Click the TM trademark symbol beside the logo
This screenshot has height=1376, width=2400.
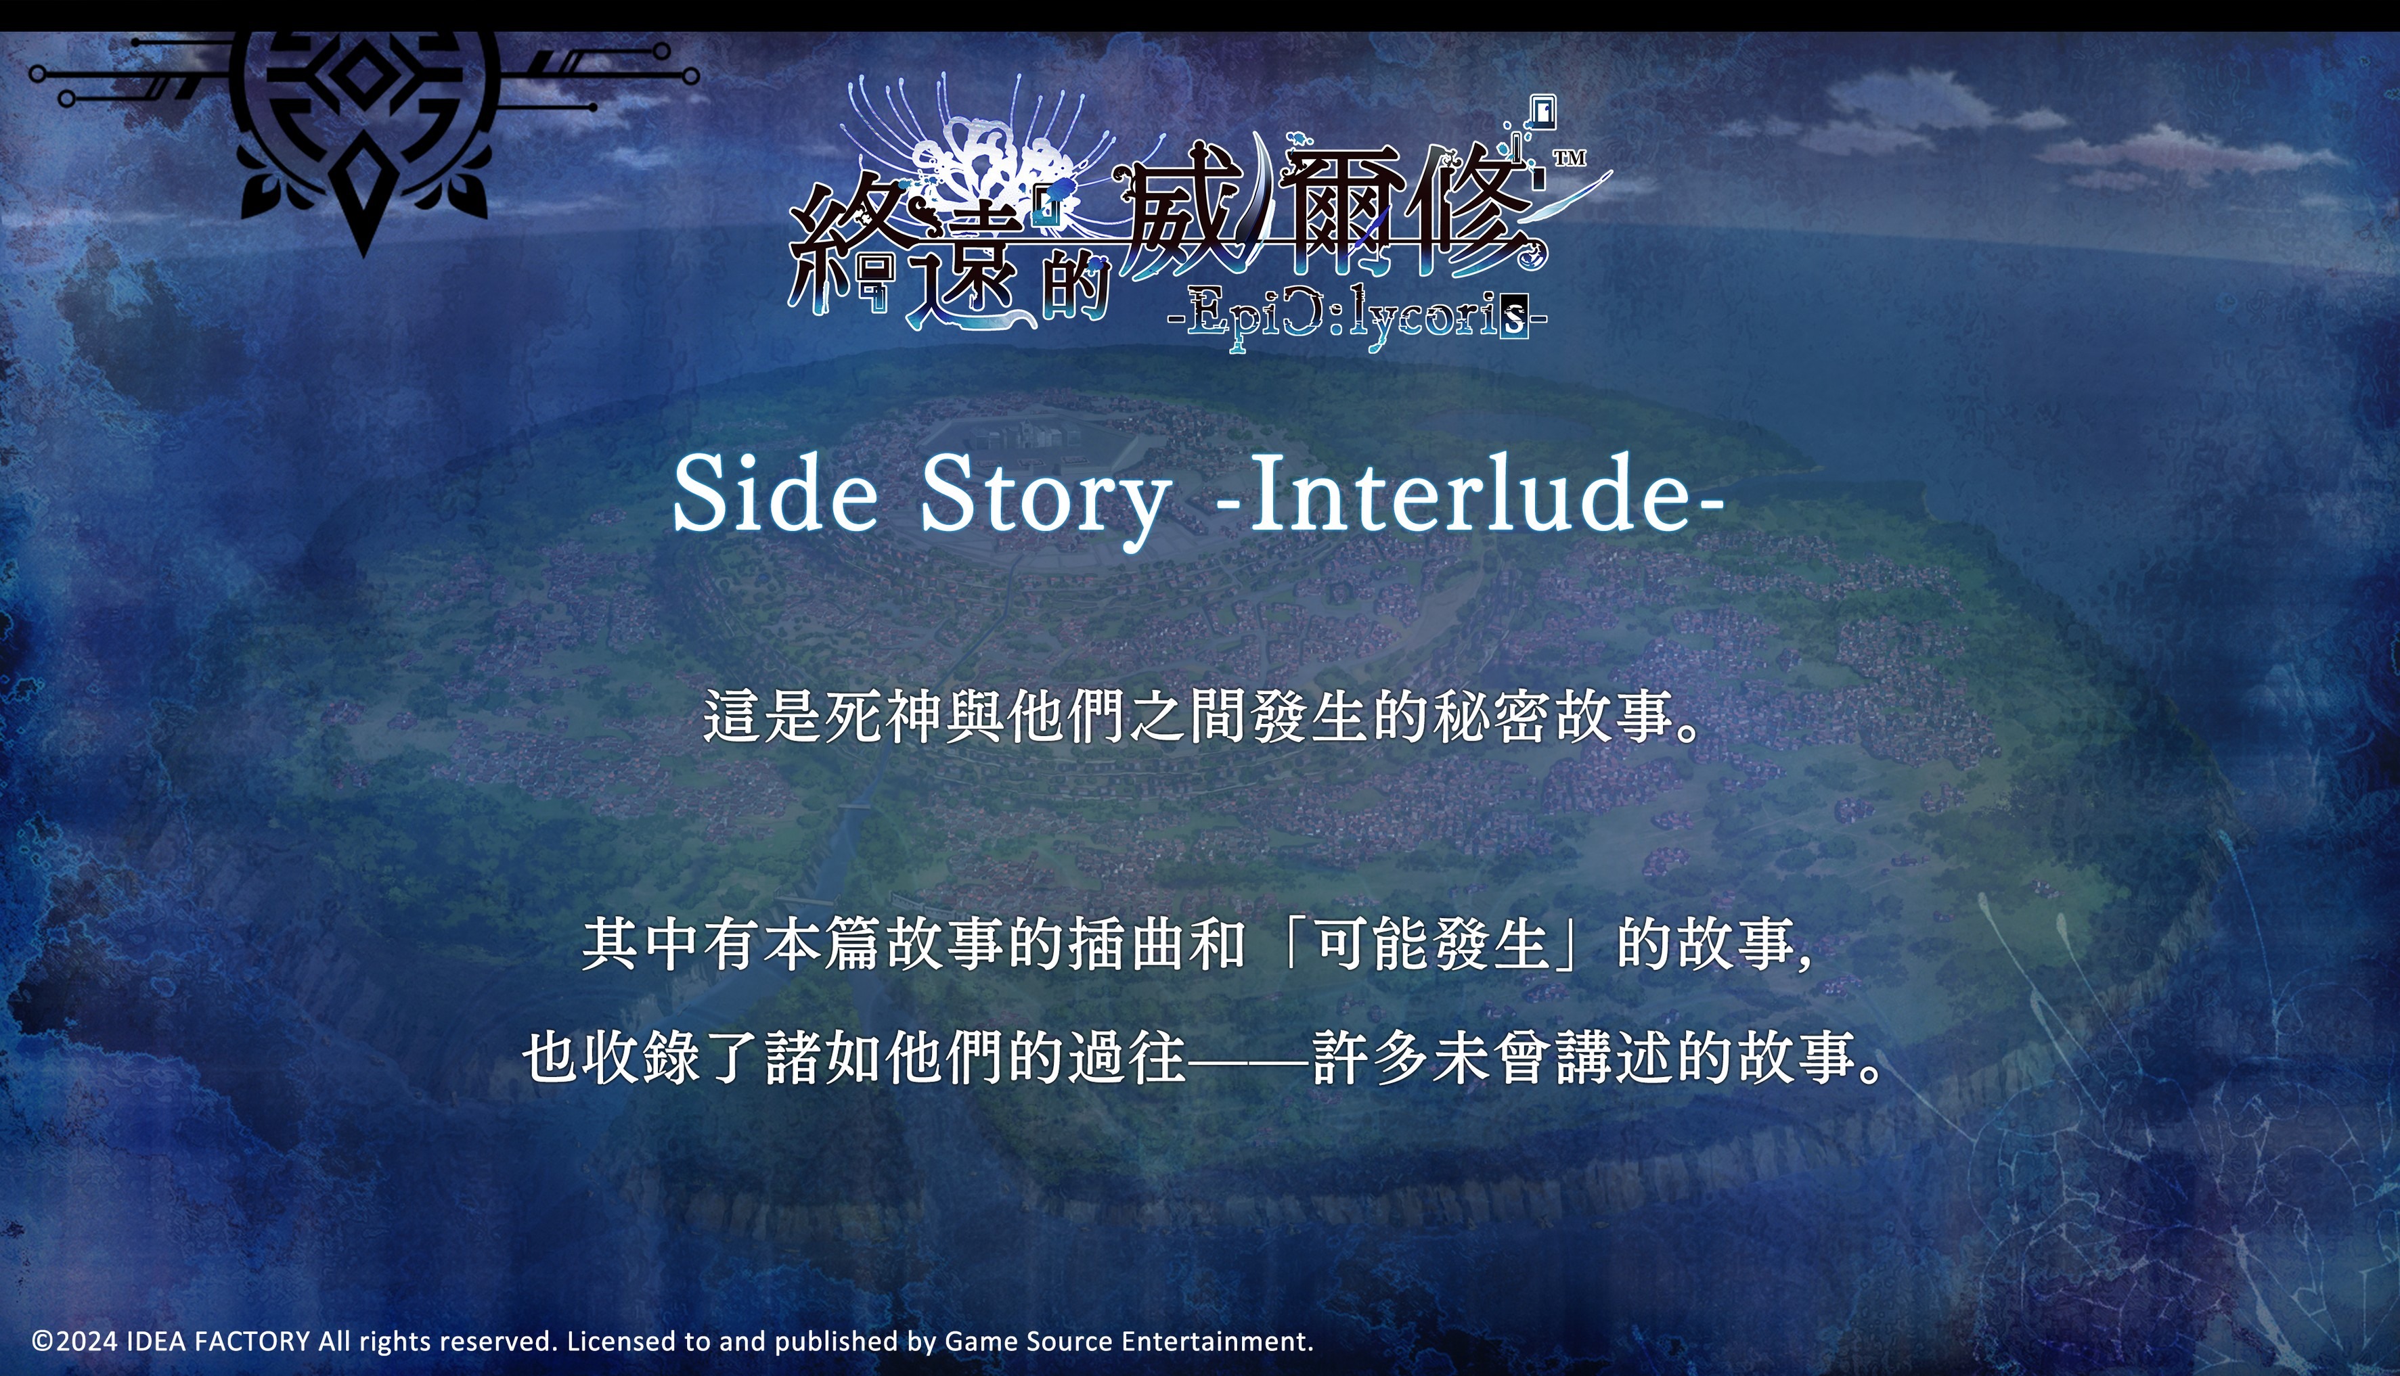click(1570, 157)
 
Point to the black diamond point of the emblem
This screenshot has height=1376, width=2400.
click(365, 198)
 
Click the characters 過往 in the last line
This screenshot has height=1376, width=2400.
click(1127, 1057)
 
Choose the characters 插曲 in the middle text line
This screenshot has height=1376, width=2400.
click(1127, 943)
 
